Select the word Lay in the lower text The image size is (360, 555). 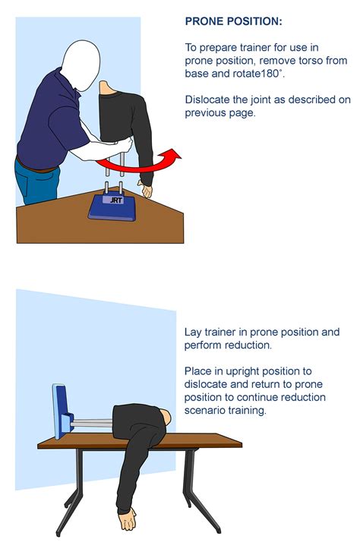click(x=194, y=333)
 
